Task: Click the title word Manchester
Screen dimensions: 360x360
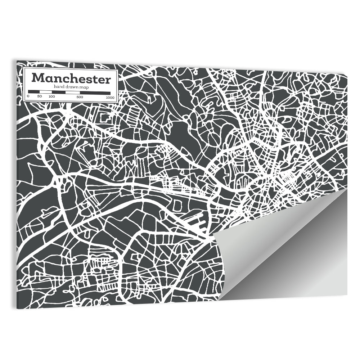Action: (71, 78)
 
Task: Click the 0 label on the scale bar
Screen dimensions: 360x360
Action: (28, 97)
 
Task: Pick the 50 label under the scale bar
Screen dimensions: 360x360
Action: (39, 97)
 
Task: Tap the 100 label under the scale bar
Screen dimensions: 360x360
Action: (51, 97)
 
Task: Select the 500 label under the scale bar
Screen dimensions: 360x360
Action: (80, 97)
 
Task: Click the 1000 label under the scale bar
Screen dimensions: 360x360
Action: (110, 97)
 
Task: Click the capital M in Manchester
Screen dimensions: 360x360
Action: (37, 78)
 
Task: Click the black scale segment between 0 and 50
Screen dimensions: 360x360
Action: (34, 92)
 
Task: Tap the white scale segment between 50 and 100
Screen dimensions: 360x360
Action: (46, 92)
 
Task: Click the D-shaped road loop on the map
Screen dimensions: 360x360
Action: (177, 206)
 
